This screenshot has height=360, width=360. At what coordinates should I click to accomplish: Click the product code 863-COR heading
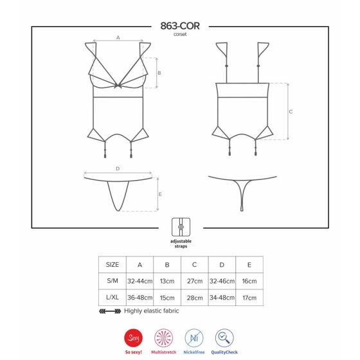pyautogui.click(x=180, y=26)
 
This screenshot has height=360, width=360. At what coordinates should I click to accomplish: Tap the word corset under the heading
pyautogui.click(x=180, y=35)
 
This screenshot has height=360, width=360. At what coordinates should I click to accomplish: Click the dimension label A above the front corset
pyautogui.click(x=118, y=37)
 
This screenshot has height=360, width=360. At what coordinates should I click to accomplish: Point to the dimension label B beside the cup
pyautogui.click(x=159, y=73)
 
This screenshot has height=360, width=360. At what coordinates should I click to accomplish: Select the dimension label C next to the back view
pyautogui.click(x=291, y=112)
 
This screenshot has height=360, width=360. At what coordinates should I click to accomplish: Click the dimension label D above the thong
pyautogui.click(x=118, y=168)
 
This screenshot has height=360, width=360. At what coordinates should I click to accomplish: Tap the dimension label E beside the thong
pyautogui.click(x=160, y=194)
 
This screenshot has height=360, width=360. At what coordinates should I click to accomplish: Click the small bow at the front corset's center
pyautogui.click(x=118, y=86)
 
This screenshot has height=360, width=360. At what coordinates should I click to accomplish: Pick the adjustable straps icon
pyautogui.click(x=181, y=227)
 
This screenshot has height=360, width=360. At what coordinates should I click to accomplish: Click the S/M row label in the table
pyautogui.click(x=113, y=280)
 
